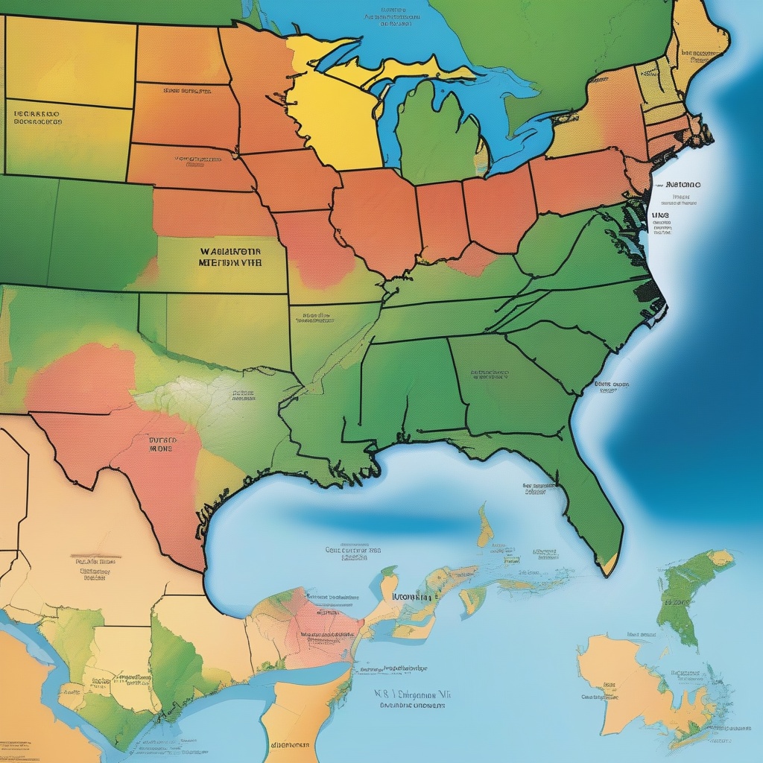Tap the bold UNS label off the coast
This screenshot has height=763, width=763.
pos(659,216)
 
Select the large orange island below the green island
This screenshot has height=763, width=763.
pos(633,686)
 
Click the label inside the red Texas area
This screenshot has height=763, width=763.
pos(160,445)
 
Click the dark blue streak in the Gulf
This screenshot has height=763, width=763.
pos(387,522)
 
